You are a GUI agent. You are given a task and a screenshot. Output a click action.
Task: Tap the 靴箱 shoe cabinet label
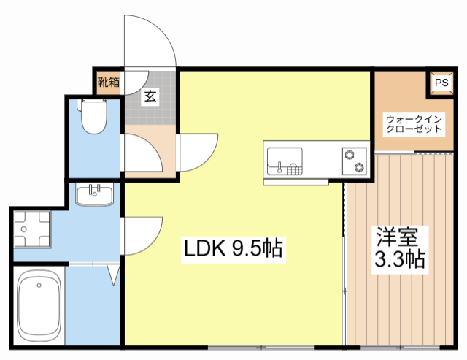[108, 82]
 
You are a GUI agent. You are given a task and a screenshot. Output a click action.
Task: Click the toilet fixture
[93, 118]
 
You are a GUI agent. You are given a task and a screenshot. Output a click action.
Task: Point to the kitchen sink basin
[280, 160]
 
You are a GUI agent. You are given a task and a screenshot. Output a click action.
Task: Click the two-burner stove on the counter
[355, 161]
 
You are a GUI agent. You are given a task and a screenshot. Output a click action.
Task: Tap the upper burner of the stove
[350, 153]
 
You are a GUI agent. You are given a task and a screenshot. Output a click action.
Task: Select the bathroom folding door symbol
[112, 273]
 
